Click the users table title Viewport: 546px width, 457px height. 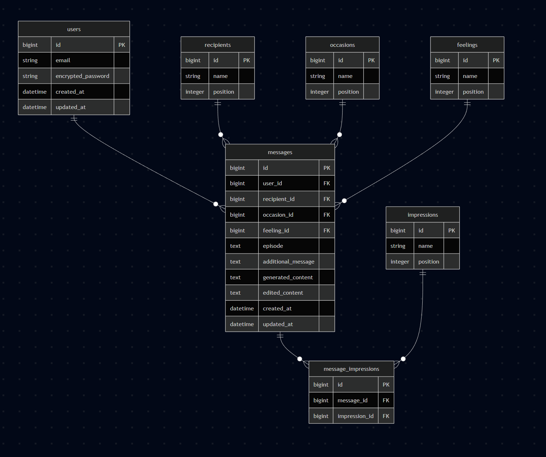[x=74, y=29]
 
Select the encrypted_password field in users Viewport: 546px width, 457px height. [x=82, y=76]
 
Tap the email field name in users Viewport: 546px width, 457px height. [x=63, y=60]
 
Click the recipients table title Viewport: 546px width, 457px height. [x=217, y=45]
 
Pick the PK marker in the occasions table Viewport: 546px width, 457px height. [x=371, y=60]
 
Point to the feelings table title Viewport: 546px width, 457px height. [x=467, y=45]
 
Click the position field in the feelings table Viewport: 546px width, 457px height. [x=473, y=92]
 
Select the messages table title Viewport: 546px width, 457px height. [x=280, y=152]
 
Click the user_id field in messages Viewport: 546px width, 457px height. [x=272, y=183]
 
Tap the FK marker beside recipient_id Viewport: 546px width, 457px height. [x=326, y=199]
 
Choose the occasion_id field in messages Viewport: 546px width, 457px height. [x=278, y=215]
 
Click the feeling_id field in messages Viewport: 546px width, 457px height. [x=276, y=231]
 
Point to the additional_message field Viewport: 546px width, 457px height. [x=289, y=262]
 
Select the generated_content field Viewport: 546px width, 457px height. [x=287, y=277]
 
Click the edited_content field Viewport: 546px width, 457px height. [x=283, y=293]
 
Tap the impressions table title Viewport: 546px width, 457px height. [x=423, y=215]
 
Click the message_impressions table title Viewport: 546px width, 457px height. [x=351, y=369]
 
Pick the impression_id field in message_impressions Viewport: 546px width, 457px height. [x=355, y=416]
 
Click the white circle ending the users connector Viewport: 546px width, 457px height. [x=216, y=204]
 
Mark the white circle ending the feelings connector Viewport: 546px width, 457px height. [x=344, y=201]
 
